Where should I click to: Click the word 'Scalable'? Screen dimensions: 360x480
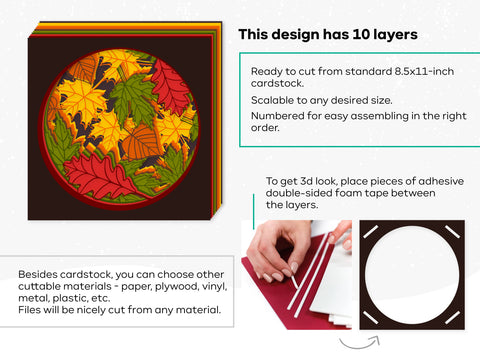(x=273, y=101)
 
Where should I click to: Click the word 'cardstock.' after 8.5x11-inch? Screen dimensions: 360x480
(x=275, y=86)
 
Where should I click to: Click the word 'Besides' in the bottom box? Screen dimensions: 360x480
(x=36, y=273)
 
